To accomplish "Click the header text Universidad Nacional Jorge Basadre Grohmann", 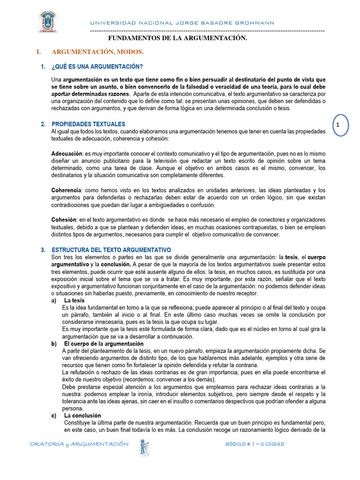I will click(182, 23).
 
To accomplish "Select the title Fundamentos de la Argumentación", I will click(178, 38).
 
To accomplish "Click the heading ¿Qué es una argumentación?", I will click(97, 67).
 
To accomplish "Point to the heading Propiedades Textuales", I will click(89, 124).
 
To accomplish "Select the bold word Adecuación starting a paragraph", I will click(67, 153).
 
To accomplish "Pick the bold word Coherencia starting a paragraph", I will click(66, 190).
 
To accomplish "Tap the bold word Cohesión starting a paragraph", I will click(64, 220).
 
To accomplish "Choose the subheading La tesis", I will click(75, 300).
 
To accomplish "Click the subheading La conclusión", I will click(82, 416).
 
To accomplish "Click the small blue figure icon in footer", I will click(144, 447).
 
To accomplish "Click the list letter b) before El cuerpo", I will click(54, 344).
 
